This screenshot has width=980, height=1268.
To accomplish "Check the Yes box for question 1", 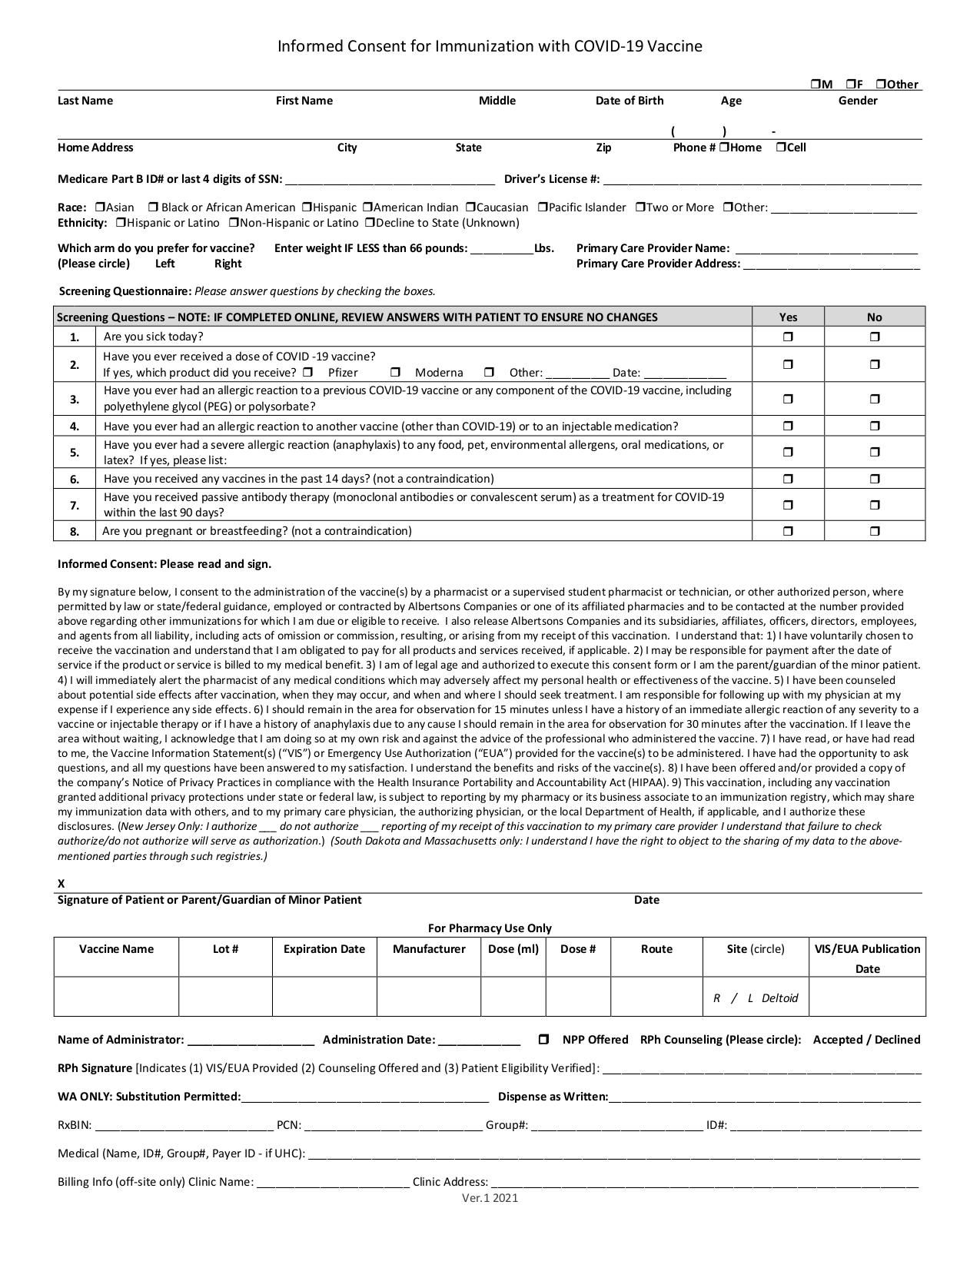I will coord(788,337).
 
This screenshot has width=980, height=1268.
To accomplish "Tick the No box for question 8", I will coord(875,531).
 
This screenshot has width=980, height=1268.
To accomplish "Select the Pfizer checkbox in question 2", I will coord(307,373).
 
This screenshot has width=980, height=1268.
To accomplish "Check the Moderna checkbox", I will coord(395,373).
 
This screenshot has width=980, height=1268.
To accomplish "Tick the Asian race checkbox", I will coord(100,207).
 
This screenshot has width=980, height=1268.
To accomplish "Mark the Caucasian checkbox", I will coord(470,207).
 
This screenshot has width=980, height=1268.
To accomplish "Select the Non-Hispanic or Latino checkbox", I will coord(234,223).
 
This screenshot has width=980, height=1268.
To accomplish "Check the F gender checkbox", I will coord(851,84).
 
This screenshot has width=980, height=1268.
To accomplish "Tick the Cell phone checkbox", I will coord(781,148).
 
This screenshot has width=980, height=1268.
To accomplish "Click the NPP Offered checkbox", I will coord(543,1040).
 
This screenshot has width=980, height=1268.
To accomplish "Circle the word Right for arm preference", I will coord(228,264).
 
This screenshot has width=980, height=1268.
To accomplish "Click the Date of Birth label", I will coord(630,101).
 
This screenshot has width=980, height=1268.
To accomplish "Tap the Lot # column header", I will coord(225,949).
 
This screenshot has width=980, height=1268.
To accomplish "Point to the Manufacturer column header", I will coord(429,949).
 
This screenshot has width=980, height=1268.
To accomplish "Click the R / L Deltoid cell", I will coord(756,997).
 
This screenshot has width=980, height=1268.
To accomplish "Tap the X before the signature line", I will coord(61,884).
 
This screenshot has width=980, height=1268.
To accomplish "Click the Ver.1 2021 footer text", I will coord(490,1197).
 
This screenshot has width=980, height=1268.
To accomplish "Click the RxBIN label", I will coord(75,1125).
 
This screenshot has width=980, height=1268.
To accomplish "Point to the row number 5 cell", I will coord(75,453).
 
